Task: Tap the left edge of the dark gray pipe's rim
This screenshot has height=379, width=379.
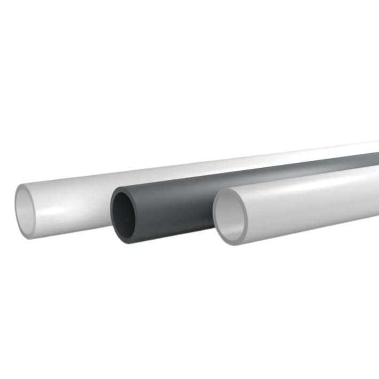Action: [x=112, y=216]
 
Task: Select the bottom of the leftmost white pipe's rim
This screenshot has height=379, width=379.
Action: [x=30, y=237]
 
